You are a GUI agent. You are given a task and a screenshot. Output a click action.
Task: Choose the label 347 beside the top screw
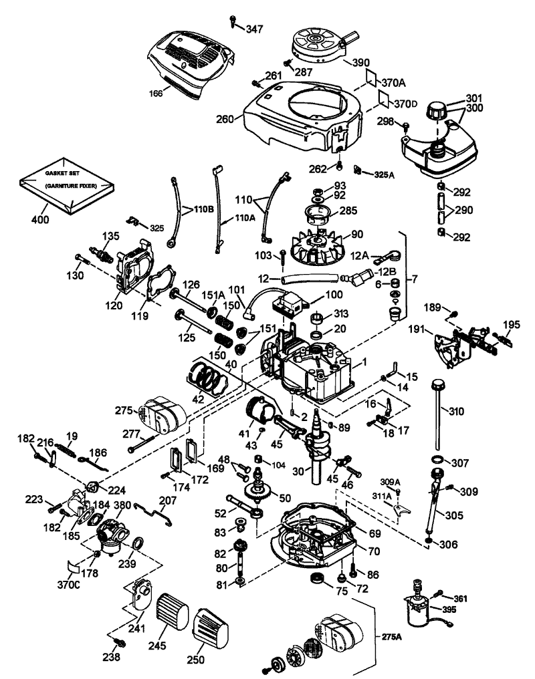254,29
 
